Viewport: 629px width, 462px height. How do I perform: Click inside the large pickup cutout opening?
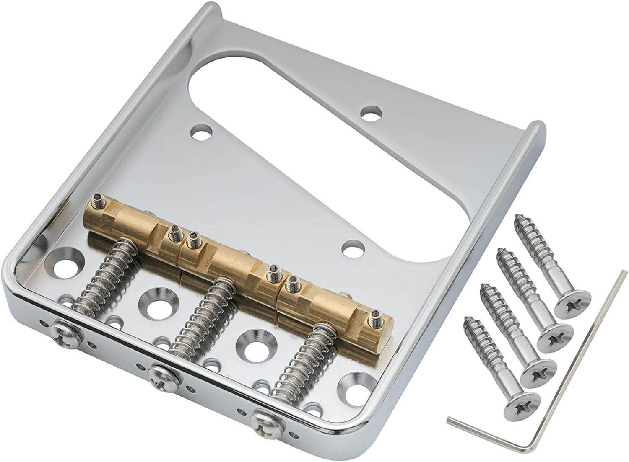[294, 84]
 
